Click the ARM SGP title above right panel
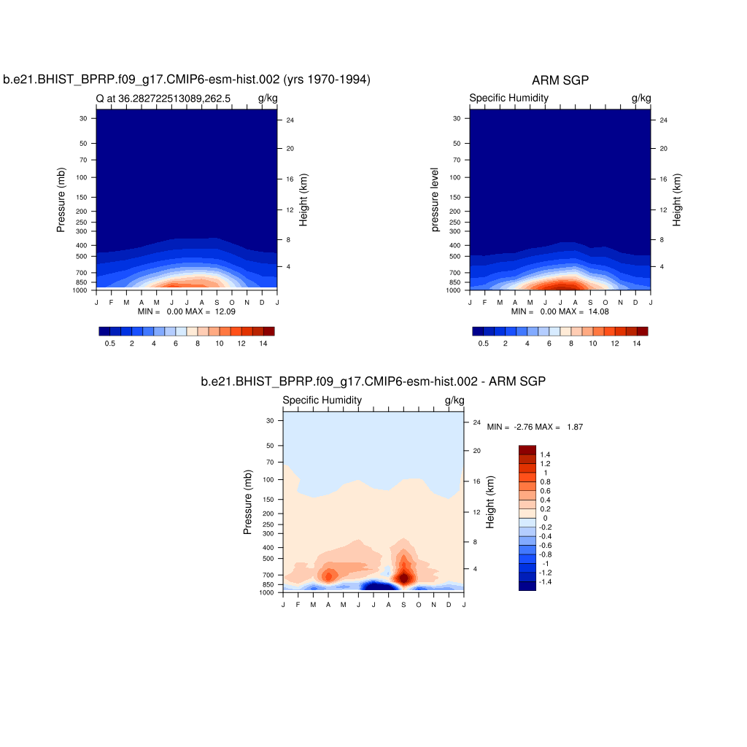(560, 80)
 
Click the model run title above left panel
(187, 80)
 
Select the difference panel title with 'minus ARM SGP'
(373, 381)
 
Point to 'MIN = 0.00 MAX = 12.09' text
(187, 311)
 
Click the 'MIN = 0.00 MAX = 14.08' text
(560, 311)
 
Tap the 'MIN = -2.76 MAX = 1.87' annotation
(535, 427)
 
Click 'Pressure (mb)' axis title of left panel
(61, 200)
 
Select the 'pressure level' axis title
(436, 200)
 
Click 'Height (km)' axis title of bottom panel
(491, 502)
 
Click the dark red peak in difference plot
(403, 577)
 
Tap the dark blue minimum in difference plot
(376, 586)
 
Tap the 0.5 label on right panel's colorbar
(484, 343)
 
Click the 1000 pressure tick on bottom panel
(266, 593)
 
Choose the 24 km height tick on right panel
(663, 120)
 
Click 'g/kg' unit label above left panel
(267, 98)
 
